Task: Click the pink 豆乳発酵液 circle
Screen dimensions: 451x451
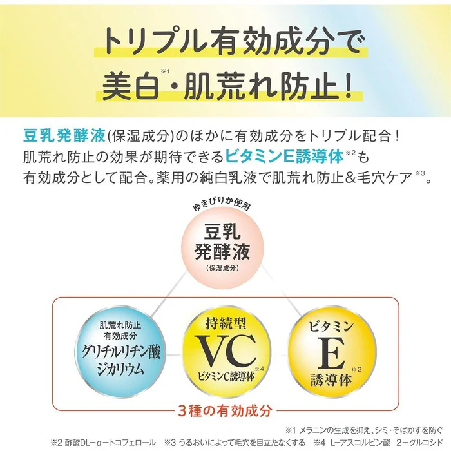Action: tap(222, 248)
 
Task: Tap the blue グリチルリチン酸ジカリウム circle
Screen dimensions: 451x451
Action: tap(120, 352)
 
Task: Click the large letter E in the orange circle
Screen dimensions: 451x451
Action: tap(331, 353)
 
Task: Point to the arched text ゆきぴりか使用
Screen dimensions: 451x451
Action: tap(222, 204)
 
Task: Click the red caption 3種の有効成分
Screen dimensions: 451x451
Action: tap(225, 410)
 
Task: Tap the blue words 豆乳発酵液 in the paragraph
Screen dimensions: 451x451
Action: tap(64, 136)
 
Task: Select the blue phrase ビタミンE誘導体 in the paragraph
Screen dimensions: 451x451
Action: tap(284, 157)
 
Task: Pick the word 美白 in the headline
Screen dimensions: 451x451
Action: tap(131, 86)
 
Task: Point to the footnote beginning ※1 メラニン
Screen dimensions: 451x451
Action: tap(364, 430)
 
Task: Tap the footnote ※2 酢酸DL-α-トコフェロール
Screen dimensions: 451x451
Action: tap(103, 443)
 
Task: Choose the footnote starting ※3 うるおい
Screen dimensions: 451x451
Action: tap(235, 443)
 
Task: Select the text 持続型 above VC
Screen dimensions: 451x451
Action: tap(225, 323)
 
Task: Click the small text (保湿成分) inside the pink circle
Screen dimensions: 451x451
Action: tap(222, 268)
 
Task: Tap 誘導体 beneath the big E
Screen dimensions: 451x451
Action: tap(331, 379)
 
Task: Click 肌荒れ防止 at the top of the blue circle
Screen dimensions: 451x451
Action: tap(120, 325)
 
